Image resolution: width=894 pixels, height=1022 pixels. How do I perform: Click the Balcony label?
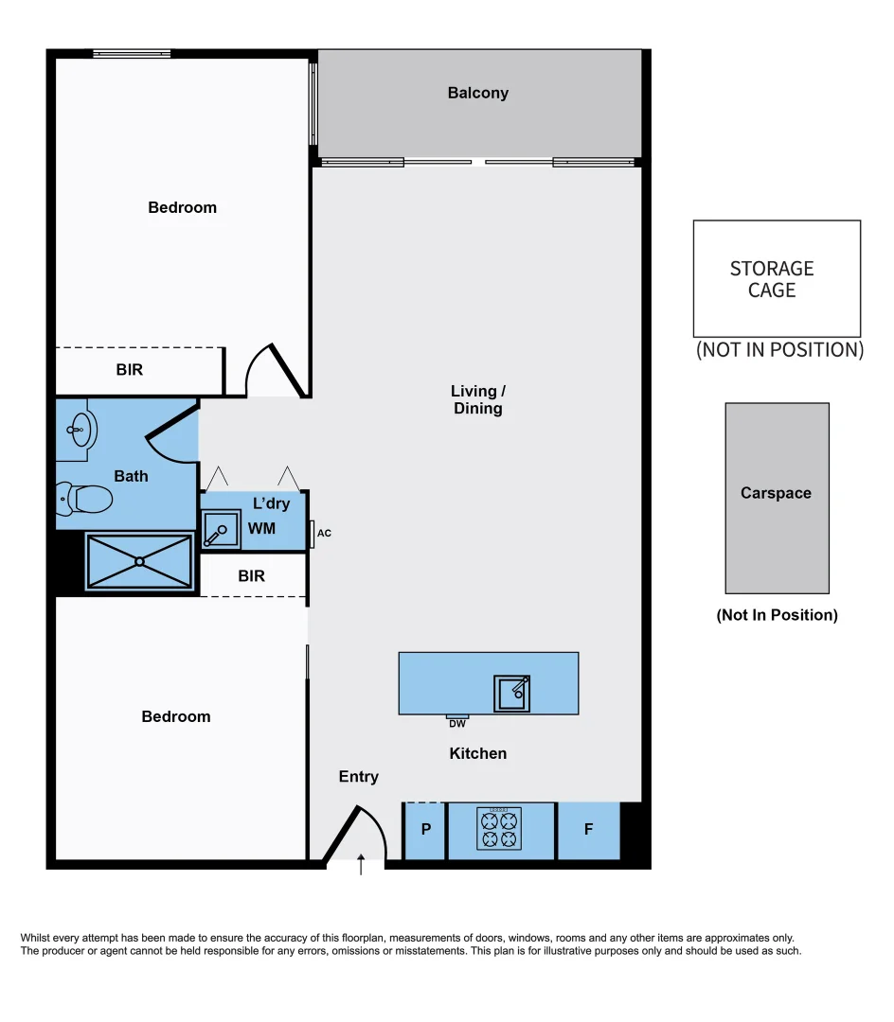coord(477,93)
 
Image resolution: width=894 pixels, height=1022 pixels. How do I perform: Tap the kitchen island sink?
coord(511,693)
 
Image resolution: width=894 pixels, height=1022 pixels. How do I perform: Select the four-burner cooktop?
coord(500,830)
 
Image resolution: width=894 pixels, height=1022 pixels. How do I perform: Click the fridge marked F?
coord(588,830)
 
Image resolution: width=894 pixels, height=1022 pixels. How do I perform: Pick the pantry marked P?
coord(425,830)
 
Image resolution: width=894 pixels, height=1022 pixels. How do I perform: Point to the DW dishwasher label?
coord(457,724)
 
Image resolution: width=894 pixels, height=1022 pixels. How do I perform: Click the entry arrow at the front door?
coord(361,864)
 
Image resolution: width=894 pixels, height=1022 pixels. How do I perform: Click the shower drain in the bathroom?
coord(139,561)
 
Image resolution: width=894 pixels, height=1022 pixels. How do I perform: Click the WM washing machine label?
coord(262,528)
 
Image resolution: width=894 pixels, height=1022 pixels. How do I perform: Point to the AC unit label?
coord(324,534)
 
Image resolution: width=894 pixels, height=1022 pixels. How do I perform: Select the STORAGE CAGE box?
coord(777,279)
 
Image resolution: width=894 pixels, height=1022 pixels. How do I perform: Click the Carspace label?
coord(776,493)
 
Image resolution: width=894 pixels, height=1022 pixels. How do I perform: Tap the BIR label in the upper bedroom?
coord(130,370)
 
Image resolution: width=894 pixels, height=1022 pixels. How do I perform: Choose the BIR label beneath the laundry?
coord(251,575)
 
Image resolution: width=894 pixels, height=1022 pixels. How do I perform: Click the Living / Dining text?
coord(477,399)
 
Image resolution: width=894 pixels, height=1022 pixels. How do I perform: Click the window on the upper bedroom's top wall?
coord(132,54)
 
